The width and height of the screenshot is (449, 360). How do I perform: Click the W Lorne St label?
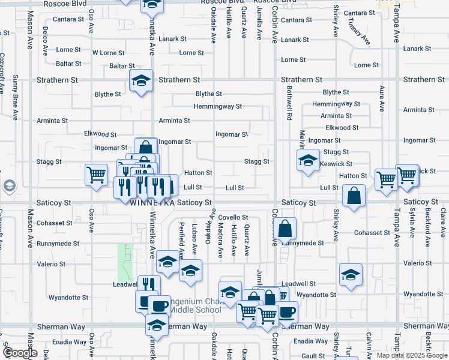(109, 53)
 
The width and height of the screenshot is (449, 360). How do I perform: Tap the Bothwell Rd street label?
(289, 102)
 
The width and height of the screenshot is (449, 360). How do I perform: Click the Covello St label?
(233, 217)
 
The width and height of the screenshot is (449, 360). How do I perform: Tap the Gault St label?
(313, 356)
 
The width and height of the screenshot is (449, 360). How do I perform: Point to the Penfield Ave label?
(181, 237)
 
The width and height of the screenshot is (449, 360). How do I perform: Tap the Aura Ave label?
(381, 98)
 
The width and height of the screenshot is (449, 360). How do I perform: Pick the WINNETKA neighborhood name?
(152, 204)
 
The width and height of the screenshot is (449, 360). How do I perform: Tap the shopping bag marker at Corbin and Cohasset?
(286, 229)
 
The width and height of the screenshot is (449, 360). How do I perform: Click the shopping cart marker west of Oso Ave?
(96, 176)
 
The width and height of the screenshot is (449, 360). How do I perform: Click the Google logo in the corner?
(20, 353)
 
